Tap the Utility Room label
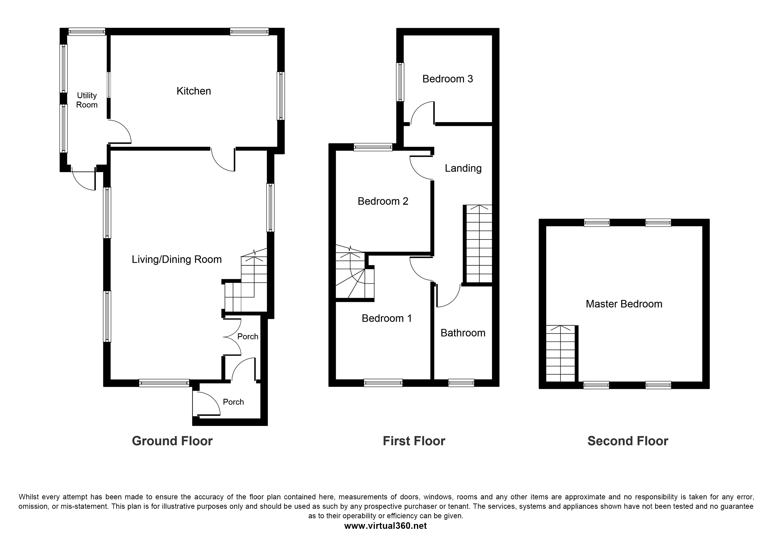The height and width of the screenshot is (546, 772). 87,100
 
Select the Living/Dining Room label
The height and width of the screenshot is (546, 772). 176,259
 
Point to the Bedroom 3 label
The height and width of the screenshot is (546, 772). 448,79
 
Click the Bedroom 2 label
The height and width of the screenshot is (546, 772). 383,201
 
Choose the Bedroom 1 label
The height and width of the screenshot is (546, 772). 387,318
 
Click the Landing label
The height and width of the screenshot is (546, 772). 463,168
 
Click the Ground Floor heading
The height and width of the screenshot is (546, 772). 172,441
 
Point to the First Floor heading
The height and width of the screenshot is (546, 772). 414,441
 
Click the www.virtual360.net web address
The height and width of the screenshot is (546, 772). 385,526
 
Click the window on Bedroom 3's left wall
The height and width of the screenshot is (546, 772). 400,82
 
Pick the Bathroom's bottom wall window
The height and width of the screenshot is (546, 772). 461,383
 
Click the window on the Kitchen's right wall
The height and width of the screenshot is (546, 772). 281,96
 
